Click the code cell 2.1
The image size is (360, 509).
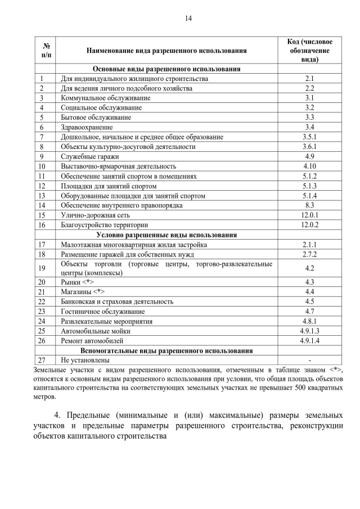[309, 79]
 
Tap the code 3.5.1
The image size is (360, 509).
[309, 137]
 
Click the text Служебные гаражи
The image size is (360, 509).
[87, 156]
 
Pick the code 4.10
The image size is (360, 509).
[309, 166]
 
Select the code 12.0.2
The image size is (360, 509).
[309, 224]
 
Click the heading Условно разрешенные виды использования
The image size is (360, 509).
[166, 235]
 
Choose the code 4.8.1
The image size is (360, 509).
[309, 321]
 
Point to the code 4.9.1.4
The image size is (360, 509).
[309, 340]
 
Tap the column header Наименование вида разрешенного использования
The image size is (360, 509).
[166, 51]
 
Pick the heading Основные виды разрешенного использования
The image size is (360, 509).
[166, 69]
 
